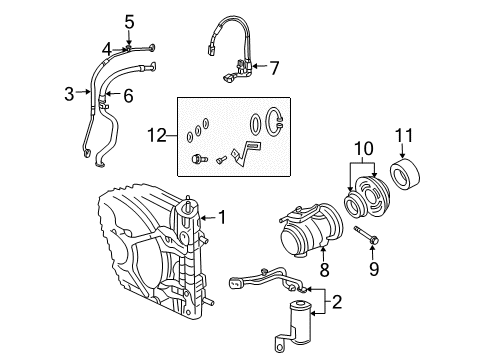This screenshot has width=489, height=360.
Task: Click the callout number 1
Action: pyautogui.click(x=222, y=216)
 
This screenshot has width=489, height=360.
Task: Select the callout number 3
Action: pyautogui.click(x=69, y=94)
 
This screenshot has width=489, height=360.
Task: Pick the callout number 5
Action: pyautogui.click(x=129, y=20)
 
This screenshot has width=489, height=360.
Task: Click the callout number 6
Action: pyautogui.click(x=128, y=95)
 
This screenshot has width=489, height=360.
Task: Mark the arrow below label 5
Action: pyautogui.click(x=129, y=36)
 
